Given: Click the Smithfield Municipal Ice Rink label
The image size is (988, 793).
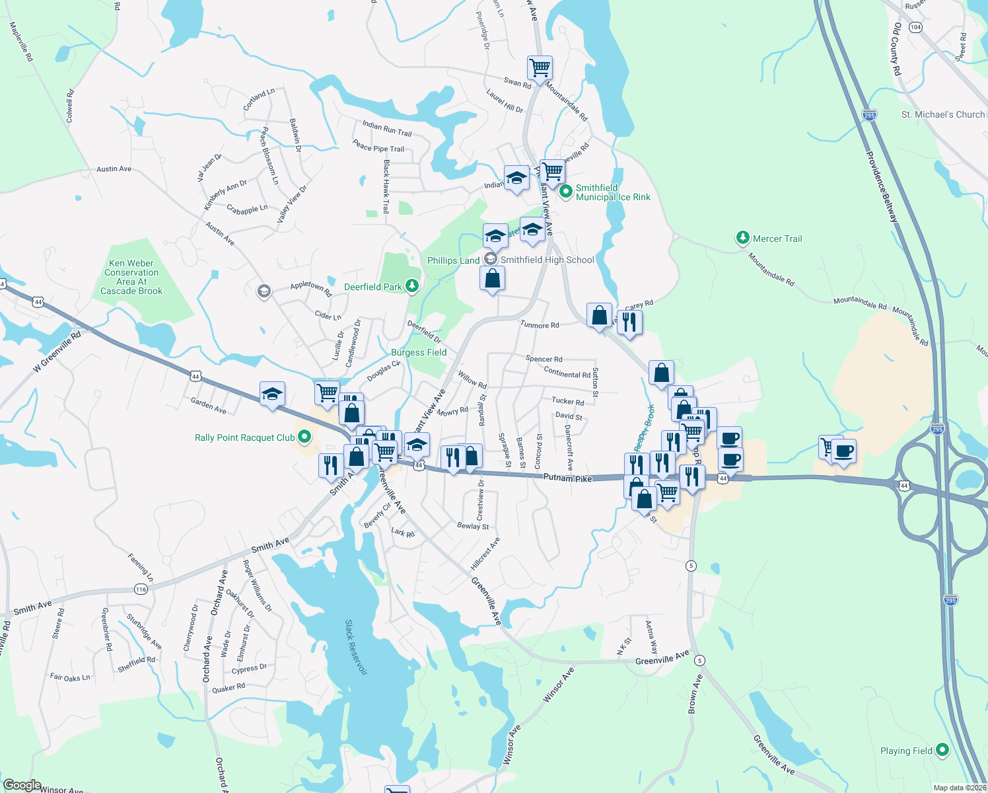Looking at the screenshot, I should tap(612, 192).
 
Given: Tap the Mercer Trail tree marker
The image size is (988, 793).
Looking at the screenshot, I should tap(743, 238).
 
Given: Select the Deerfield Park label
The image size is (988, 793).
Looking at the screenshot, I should tap(373, 287).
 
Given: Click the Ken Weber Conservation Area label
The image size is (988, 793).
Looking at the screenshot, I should tap(131, 277).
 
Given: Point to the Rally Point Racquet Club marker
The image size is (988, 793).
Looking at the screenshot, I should tap(304, 437).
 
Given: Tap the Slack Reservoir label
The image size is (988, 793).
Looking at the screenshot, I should tap(355, 647).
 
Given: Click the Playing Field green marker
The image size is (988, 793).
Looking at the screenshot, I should tap(942, 750).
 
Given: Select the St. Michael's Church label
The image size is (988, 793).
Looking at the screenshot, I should tap(942, 114).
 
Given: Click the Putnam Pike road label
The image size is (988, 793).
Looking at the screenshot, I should tap(567, 477).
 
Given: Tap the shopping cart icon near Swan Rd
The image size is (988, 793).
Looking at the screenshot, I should tap(540, 67).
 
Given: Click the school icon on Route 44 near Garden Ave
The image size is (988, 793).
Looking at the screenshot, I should tap(272, 395).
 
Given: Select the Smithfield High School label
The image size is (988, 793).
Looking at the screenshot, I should tap(547, 260).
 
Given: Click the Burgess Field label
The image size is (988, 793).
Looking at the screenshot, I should tap(419, 352).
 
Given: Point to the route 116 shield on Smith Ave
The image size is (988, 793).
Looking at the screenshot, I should tap(141, 589).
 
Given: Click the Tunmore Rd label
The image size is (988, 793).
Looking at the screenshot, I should tap(540, 324).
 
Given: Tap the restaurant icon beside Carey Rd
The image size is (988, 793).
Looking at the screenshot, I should tap(629, 322).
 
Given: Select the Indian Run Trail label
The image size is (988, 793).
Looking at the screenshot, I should tap(386, 128).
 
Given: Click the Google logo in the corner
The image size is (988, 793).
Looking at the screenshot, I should tap(22, 785).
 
